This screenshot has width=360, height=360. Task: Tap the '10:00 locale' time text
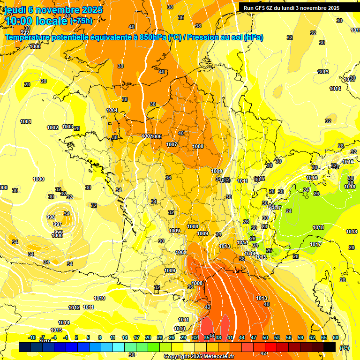click(37, 21)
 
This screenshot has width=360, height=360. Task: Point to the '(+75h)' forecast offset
click(81, 21)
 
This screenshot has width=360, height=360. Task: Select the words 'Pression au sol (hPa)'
click(225, 37)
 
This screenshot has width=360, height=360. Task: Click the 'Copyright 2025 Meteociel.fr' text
click(199, 356)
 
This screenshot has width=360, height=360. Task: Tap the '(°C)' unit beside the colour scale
click(344, 347)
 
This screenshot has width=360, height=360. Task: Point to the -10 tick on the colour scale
click(31, 337)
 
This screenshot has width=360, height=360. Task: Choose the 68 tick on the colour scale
click(336, 337)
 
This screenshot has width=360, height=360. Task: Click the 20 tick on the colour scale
click(148, 337)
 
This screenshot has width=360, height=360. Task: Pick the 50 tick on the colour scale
click(265, 337)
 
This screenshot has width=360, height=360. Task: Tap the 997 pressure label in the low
click(57, 224)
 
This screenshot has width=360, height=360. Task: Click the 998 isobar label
click(51, 217)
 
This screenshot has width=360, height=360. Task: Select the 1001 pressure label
click(26, 122)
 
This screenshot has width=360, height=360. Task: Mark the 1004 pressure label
click(112, 110)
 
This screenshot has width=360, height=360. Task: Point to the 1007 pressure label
click(172, 144)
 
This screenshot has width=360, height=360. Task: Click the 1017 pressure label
click(315, 244)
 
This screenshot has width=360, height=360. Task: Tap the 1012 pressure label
click(74, 307)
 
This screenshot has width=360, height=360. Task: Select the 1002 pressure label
click(52, 127)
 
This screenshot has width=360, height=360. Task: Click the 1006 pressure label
click(156, 136)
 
